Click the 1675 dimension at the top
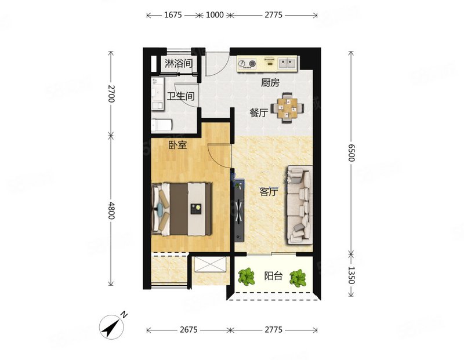tap(173, 15)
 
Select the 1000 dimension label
tap(215, 15)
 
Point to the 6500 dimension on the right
tap(351, 152)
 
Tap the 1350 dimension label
tap(351, 275)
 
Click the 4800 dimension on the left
tap(111, 210)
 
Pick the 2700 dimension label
tap(111, 93)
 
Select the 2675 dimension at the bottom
tap(188, 329)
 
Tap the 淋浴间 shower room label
tap(179, 63)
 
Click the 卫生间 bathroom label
tap(181, 96)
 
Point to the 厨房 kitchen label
tap(270, 82)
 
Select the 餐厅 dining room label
tap(259, 112)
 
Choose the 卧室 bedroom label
tap(178, 145)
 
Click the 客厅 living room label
tap(269, 192)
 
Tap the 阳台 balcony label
tap(273, 276)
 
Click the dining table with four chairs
tap(287, 108)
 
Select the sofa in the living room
tap(299, 205)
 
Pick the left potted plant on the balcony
tap(246, 277)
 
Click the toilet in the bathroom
tap(162, 125)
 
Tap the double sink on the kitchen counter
tap(287, 63)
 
